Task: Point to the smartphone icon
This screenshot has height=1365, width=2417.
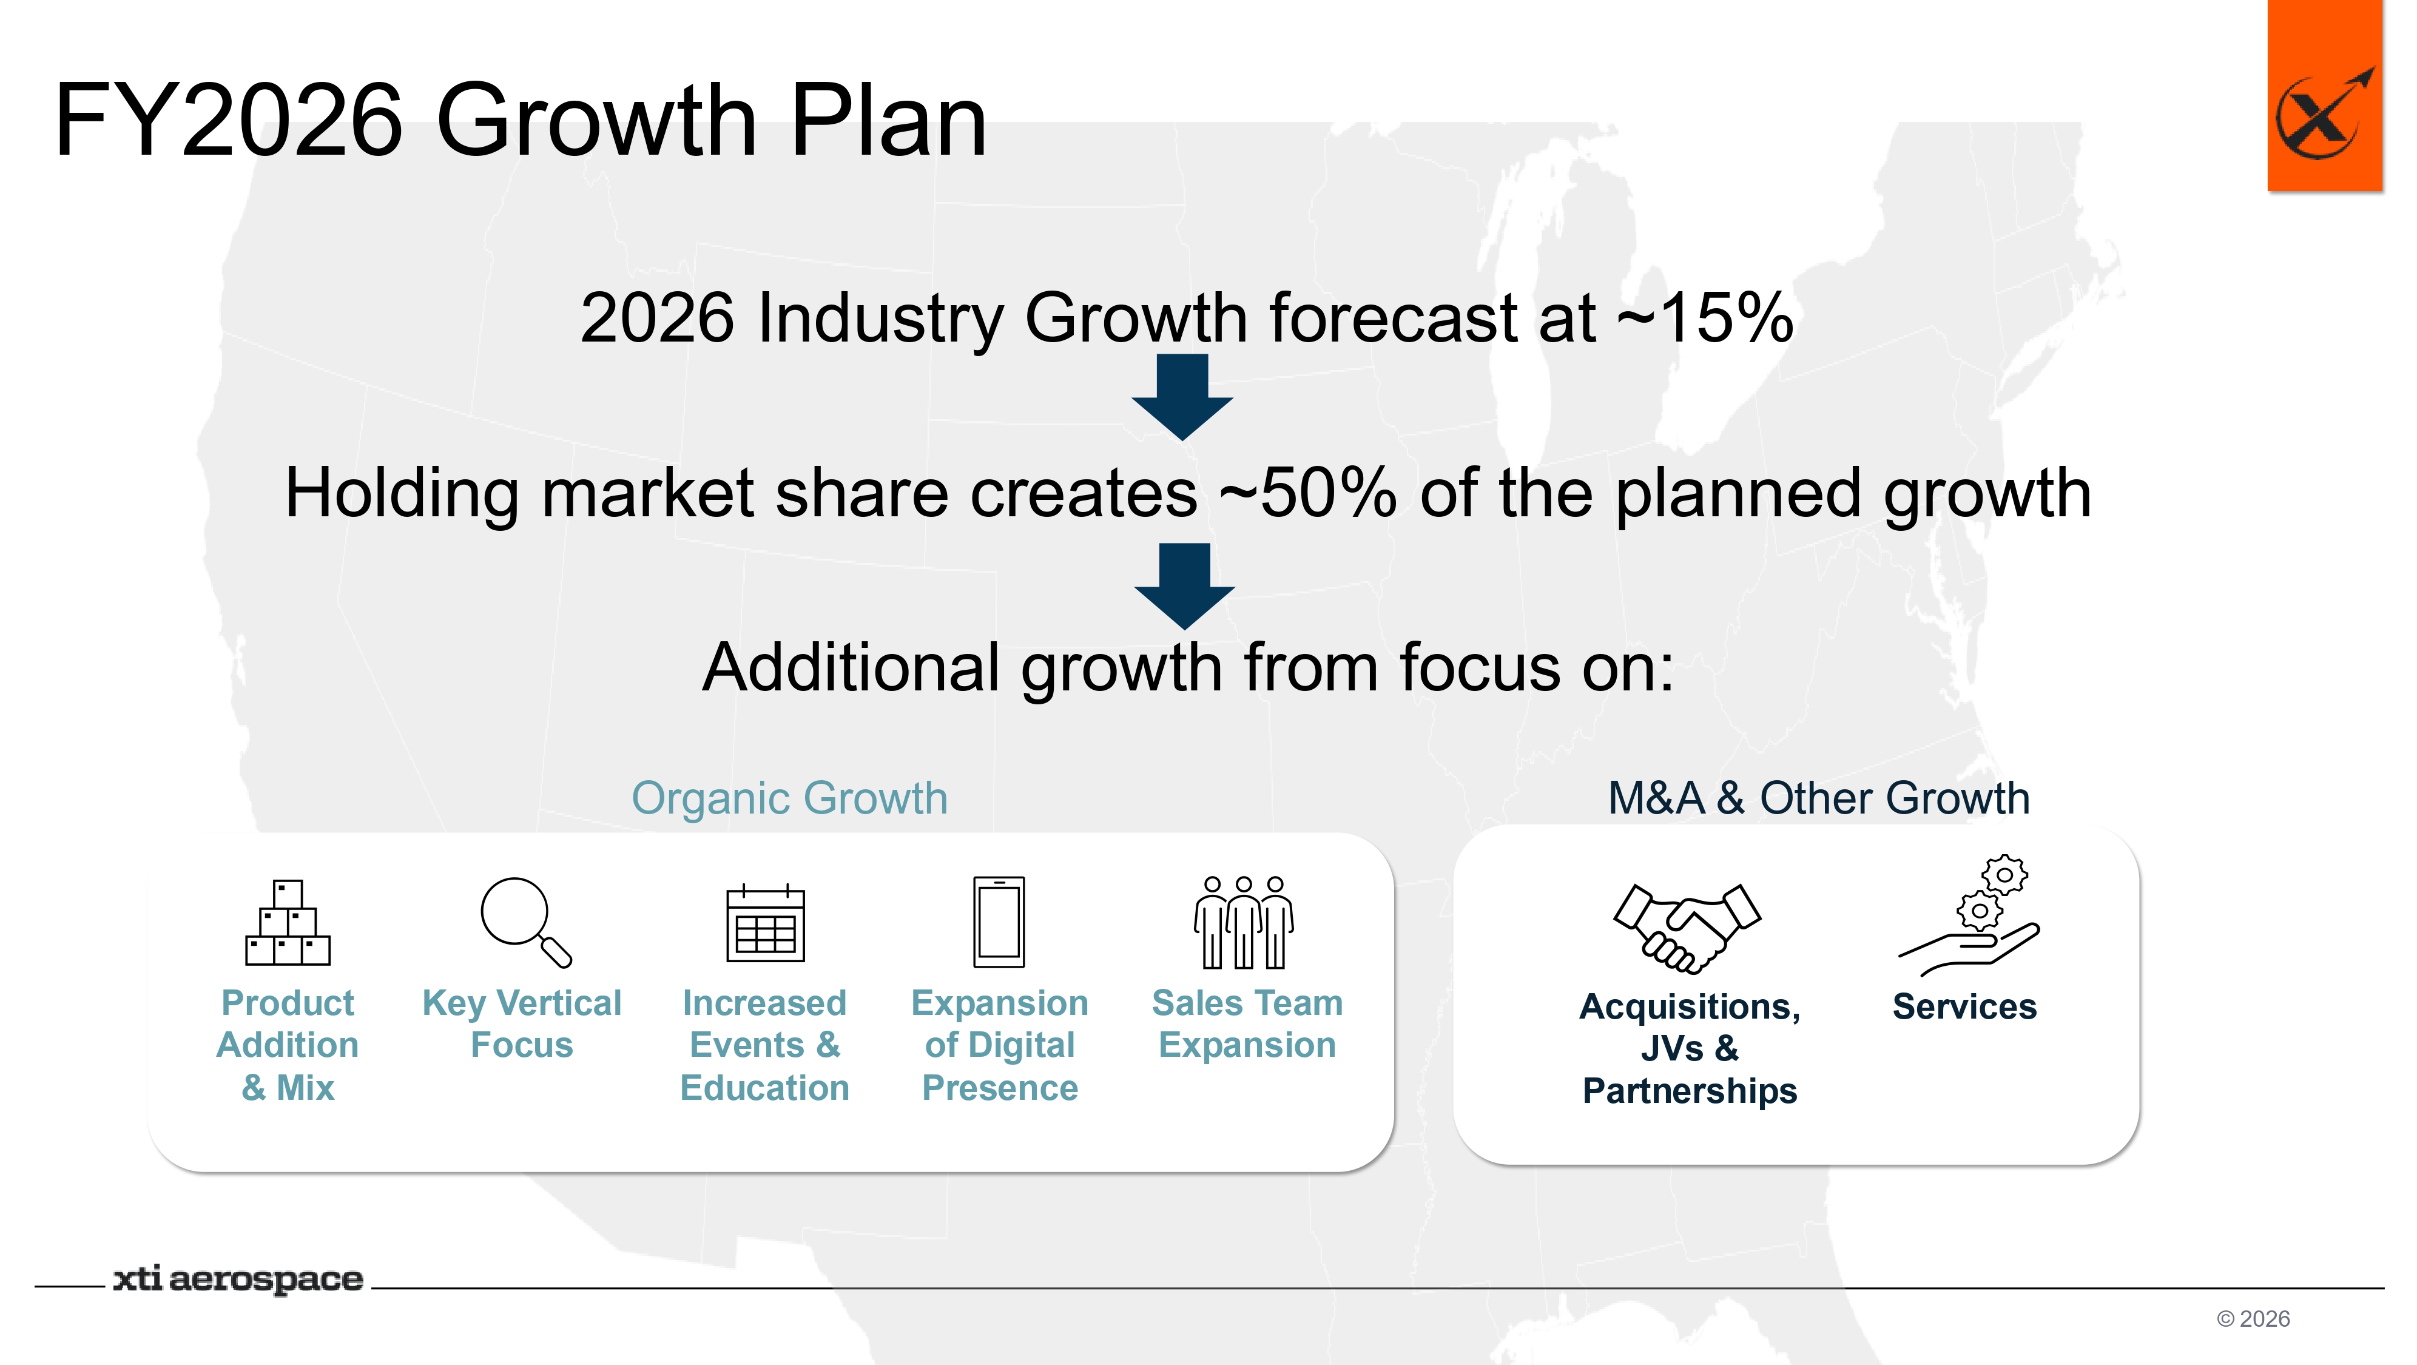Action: click(x=999, y=922)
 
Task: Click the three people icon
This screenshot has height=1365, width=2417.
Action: click(x=1244, y=922)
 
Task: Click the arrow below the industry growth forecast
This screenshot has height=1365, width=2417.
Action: click(x=1182, y=397)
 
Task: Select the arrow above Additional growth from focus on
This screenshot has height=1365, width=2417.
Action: click(x=1184, y=585)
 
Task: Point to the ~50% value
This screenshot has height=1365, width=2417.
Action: click(x=1308, y=493)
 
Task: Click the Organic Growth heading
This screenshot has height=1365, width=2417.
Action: click(x=789, y=798)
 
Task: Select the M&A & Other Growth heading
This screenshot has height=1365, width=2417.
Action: click(x=1818, y=798)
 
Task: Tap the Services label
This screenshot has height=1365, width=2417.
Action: click(x=1965, y=1006)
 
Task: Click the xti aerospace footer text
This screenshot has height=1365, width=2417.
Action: click(x=238, y=1279)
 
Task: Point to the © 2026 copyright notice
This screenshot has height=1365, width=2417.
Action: click(x=2253, y=1319)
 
